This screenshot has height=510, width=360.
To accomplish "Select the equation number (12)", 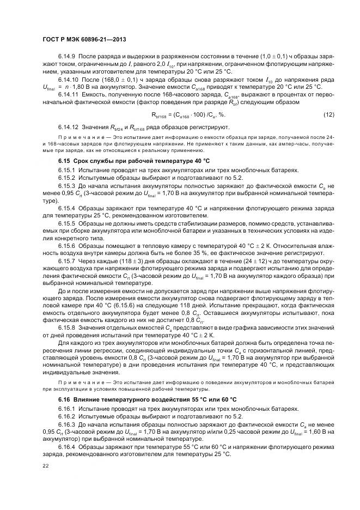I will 328,115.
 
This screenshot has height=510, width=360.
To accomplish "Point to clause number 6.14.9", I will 66,57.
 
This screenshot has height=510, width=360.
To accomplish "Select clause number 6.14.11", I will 68,95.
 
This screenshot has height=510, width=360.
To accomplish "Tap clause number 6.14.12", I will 68,127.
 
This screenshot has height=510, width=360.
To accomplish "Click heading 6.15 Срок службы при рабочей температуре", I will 133,161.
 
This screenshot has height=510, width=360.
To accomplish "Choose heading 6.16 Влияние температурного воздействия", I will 147,399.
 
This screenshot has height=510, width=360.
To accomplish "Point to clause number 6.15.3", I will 66,185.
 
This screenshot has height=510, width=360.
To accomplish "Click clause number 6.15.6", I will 66,246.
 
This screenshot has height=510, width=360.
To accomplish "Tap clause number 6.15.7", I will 66,262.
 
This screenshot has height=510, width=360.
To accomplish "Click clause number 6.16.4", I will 66,447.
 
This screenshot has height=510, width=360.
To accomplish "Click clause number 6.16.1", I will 66,408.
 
